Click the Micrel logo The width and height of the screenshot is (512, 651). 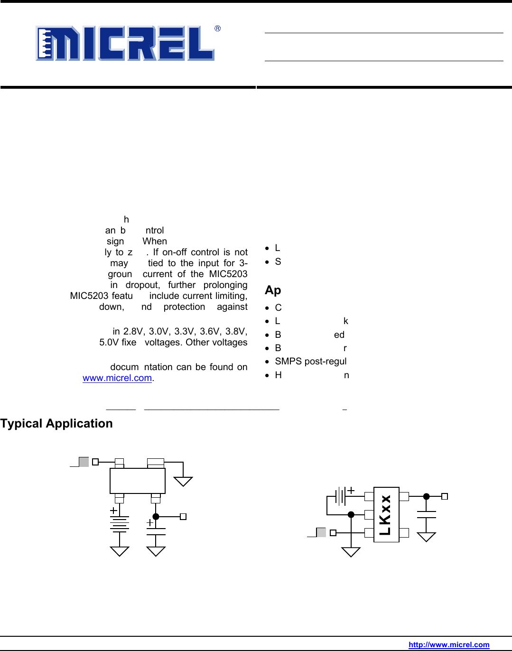(125, 43)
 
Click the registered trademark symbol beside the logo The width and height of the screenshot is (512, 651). (217, 28)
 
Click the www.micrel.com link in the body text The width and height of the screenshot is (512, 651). (117, 378)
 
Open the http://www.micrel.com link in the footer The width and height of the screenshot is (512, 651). (448, 644)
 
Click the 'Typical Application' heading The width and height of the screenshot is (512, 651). (56, 423)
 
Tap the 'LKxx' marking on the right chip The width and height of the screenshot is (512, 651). (385, 515)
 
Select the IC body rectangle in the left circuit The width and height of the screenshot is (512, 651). (137, 481)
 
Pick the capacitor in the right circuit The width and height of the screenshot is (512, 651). (426, 514)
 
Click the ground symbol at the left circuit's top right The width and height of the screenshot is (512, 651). (183, 481)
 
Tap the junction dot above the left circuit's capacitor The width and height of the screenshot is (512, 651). (156, 517)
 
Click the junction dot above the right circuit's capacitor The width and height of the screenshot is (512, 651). (426, 496)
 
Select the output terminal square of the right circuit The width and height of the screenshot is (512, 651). (445, 496)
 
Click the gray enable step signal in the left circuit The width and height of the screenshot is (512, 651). (83, 462)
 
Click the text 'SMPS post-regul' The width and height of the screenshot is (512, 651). (310, 361)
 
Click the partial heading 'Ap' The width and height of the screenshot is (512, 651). (273, 290)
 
